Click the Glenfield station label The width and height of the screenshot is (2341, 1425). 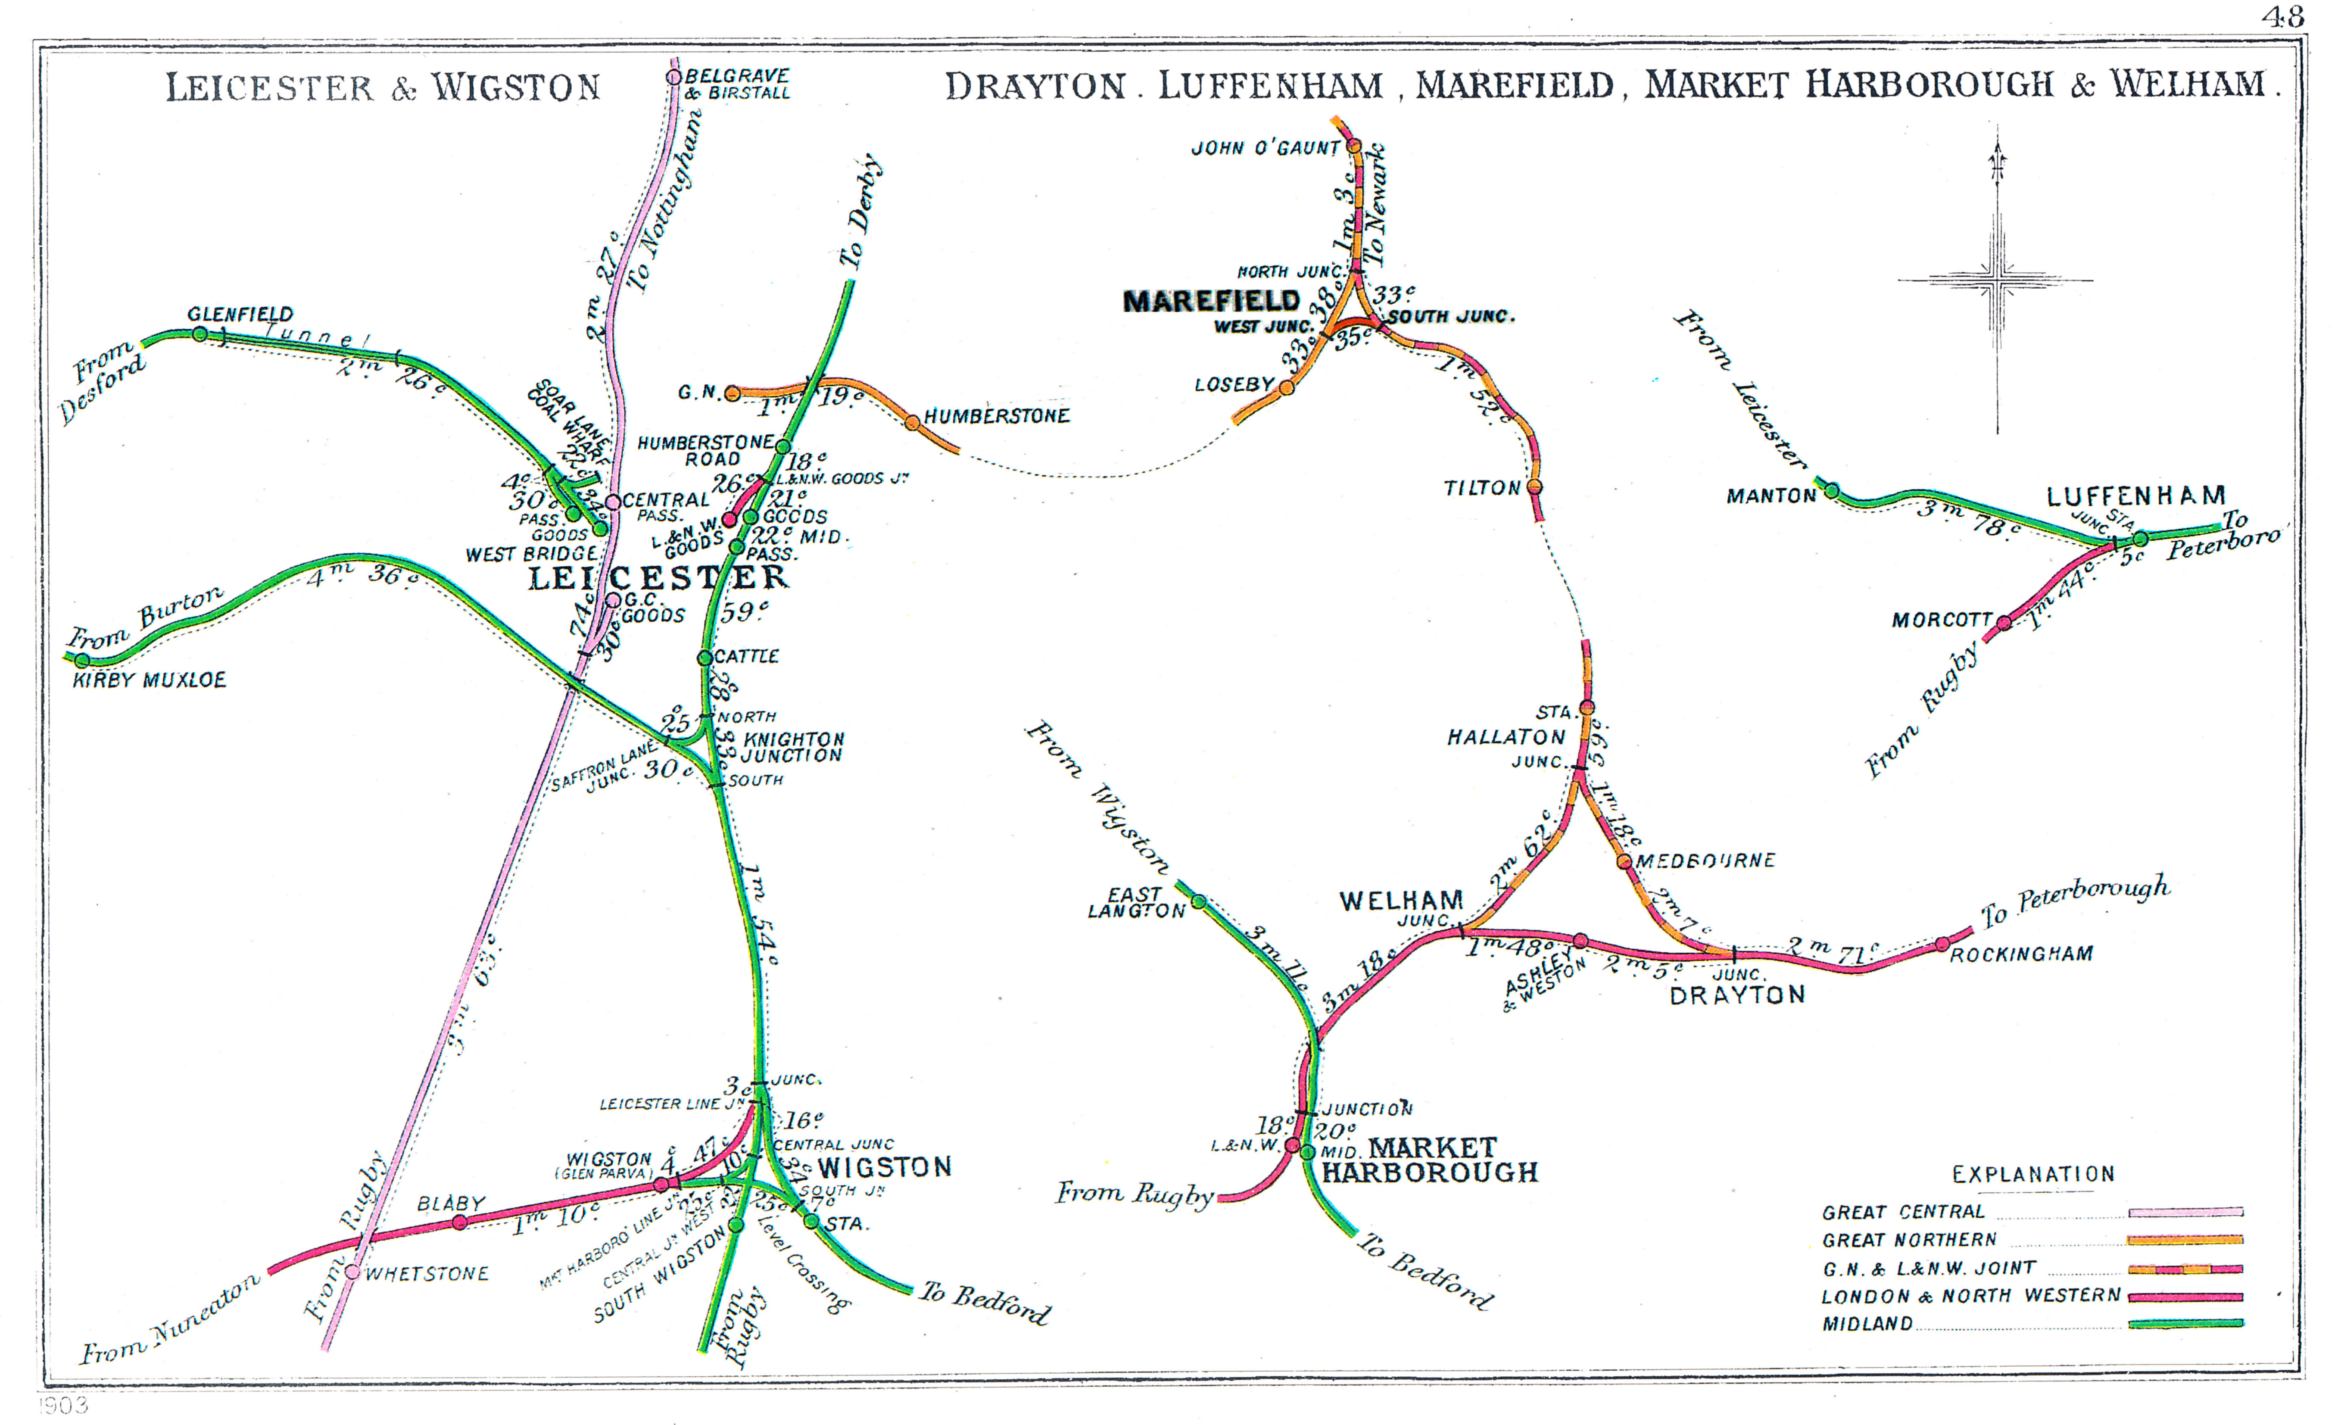point(240,314)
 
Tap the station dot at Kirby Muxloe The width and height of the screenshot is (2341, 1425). point(83,660)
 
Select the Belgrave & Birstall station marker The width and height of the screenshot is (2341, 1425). point(673,76)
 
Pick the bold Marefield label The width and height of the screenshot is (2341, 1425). point(1211,301)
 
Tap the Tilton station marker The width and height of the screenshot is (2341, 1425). point(1534,487)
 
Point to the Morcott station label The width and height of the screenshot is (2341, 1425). point(1941,621)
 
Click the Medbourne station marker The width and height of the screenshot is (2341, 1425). point(1624,862)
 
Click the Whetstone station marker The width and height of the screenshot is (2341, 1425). point(352,1271)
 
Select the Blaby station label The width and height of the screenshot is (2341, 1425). point(451,1204)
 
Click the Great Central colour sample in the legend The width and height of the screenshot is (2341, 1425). point(2185,1212)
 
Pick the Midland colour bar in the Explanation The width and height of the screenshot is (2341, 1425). point(2185,1323)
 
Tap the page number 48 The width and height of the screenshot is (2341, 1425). point(2282,17)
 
